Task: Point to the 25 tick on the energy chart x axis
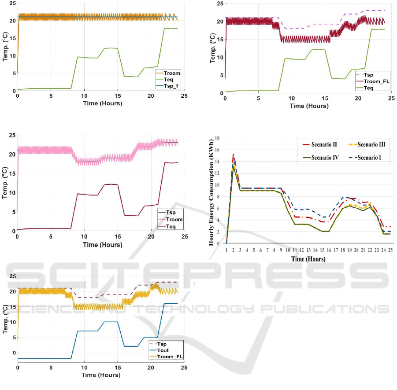390,250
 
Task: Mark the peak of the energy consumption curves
233,155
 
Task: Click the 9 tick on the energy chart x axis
281,250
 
